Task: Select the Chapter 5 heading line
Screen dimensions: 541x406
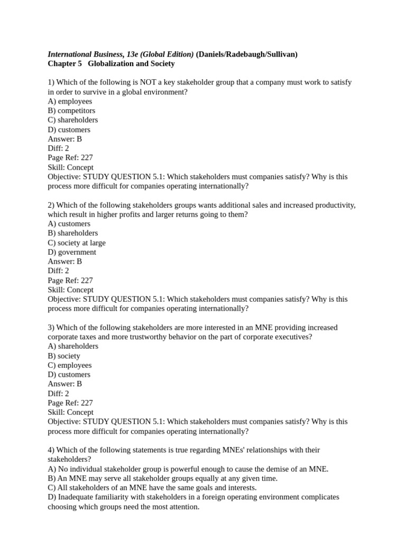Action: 111,64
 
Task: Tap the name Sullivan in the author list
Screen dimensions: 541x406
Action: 281,54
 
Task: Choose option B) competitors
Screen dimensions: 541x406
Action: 71,111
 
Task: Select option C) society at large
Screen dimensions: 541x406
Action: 77,243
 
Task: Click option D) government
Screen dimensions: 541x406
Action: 72,253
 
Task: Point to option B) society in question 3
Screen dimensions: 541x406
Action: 64,356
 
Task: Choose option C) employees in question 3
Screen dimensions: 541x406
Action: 70,366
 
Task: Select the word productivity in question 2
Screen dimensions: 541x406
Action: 334,206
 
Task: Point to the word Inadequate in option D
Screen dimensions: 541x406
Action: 77,498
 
